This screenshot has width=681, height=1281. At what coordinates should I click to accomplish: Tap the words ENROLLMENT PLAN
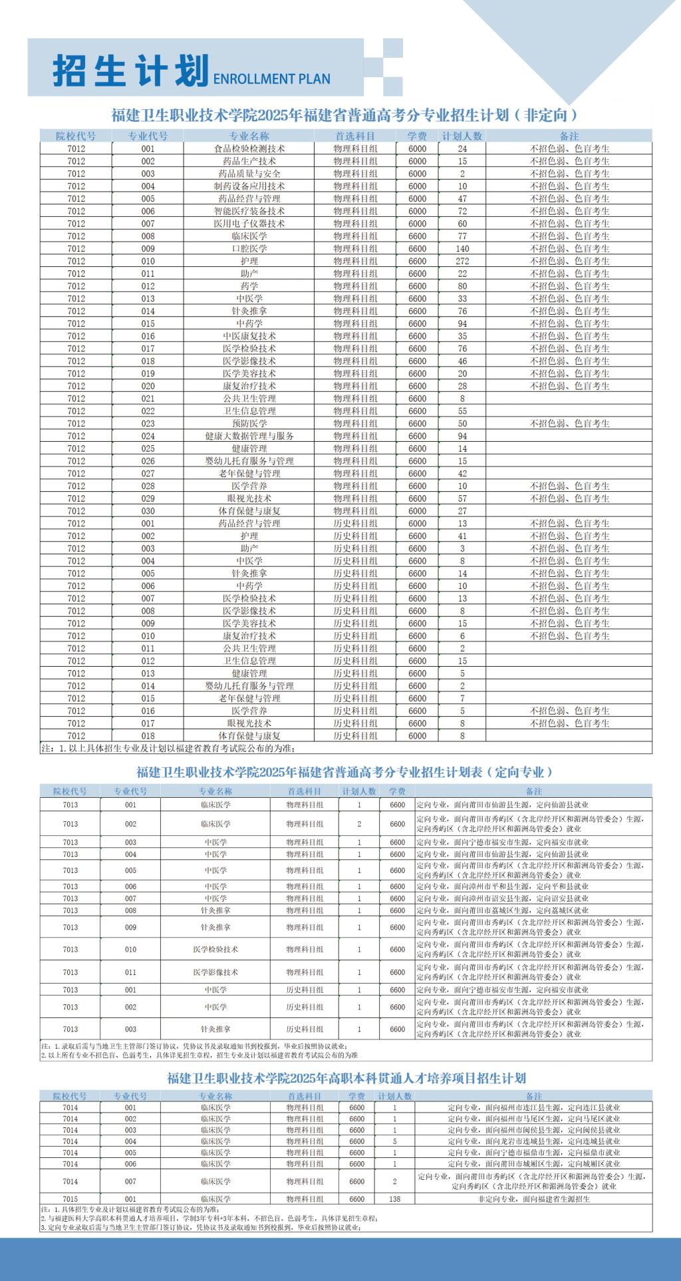coord(271,79)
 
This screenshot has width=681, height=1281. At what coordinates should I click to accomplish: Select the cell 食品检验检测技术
coord(249,148)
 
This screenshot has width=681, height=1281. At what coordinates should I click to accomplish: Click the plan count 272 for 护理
coord(462,261)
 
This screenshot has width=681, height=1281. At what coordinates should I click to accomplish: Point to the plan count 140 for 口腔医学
coord(462,248)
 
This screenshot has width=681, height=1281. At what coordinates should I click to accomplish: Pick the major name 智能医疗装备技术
coord(249,211)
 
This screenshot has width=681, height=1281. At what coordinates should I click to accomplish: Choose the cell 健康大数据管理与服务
coord(249,436)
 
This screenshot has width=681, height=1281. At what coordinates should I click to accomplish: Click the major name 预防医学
coord(249,423)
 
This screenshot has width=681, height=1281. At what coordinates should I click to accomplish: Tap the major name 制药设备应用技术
coord(249,186)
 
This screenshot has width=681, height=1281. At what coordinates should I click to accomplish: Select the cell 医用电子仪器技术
coord(249,224)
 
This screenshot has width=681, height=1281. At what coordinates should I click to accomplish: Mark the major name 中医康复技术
coord(249,336)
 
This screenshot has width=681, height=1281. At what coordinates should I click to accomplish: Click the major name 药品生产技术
coord(249,161)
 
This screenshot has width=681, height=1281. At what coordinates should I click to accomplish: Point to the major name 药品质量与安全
coord(249,174)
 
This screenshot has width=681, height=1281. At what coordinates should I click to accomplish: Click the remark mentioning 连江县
coord(534,1108)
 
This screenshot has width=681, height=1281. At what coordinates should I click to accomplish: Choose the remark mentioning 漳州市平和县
coord(502,886)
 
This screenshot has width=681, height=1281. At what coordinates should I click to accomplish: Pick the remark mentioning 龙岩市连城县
coord(534,1141)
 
